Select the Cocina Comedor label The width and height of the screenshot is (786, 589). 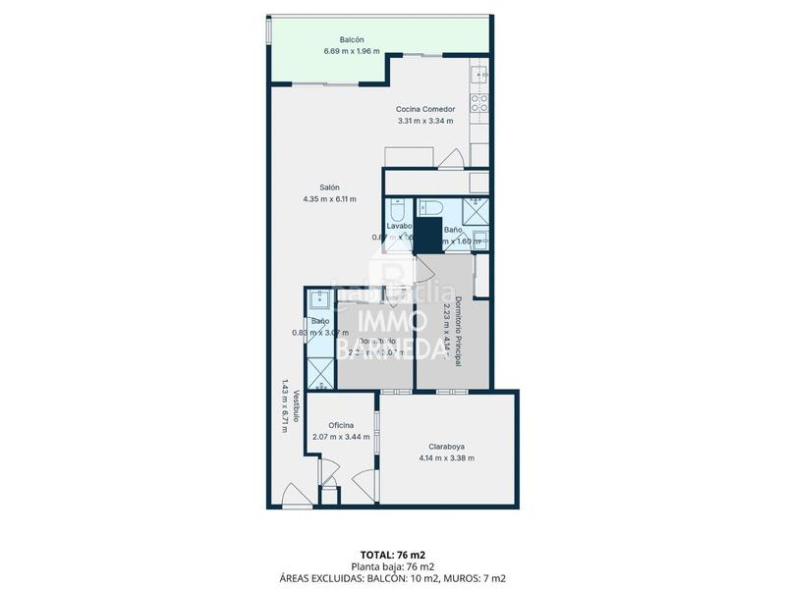(424, 109)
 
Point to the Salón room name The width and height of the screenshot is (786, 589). (329, 187)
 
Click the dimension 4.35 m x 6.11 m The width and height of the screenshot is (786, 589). (329, 199)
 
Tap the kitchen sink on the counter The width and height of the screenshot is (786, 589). (480, 73)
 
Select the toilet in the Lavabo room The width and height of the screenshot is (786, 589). (396, 209)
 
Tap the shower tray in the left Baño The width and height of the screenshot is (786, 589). (320, 374)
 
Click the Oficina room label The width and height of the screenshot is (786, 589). (341, 425)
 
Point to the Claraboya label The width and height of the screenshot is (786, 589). (446, 446)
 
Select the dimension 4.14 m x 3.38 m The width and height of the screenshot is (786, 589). (446, 457)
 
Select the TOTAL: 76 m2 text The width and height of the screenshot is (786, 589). (392, 556)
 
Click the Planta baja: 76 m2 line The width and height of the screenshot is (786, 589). (392, 566)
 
